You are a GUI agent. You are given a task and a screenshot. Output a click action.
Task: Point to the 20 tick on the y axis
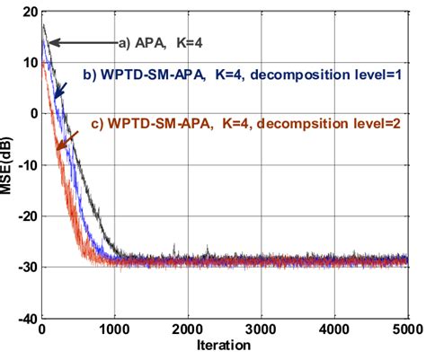point(29,12)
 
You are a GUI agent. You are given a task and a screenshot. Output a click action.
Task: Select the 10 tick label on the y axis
point(29,63)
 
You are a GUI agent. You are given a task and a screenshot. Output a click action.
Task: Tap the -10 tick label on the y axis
point(26,165)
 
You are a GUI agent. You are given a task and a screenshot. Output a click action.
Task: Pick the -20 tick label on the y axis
point(26,216)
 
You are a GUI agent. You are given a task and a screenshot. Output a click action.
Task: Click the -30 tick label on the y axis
point(26,268)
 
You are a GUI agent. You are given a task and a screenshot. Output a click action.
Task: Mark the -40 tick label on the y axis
point(26,319)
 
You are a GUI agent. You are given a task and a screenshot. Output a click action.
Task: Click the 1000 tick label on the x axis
point(114,329)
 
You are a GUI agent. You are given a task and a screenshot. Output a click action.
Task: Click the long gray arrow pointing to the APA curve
point(83,42)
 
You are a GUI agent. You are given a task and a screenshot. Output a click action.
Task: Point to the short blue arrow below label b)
point(59,87)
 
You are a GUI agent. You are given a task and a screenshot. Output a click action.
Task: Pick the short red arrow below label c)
point(66,140)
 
